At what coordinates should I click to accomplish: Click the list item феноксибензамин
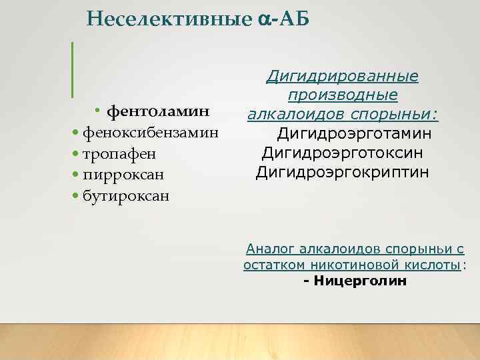150,131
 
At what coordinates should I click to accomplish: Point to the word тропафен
119,153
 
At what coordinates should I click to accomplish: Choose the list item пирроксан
124,175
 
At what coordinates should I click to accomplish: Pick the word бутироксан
127,196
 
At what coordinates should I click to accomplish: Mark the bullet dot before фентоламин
97,109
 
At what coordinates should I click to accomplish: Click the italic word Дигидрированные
342,77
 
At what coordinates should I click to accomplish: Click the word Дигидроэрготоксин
343,153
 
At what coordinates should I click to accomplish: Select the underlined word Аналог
270,249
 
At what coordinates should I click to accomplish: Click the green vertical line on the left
72,68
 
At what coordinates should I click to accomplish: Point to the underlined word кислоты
437,265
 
